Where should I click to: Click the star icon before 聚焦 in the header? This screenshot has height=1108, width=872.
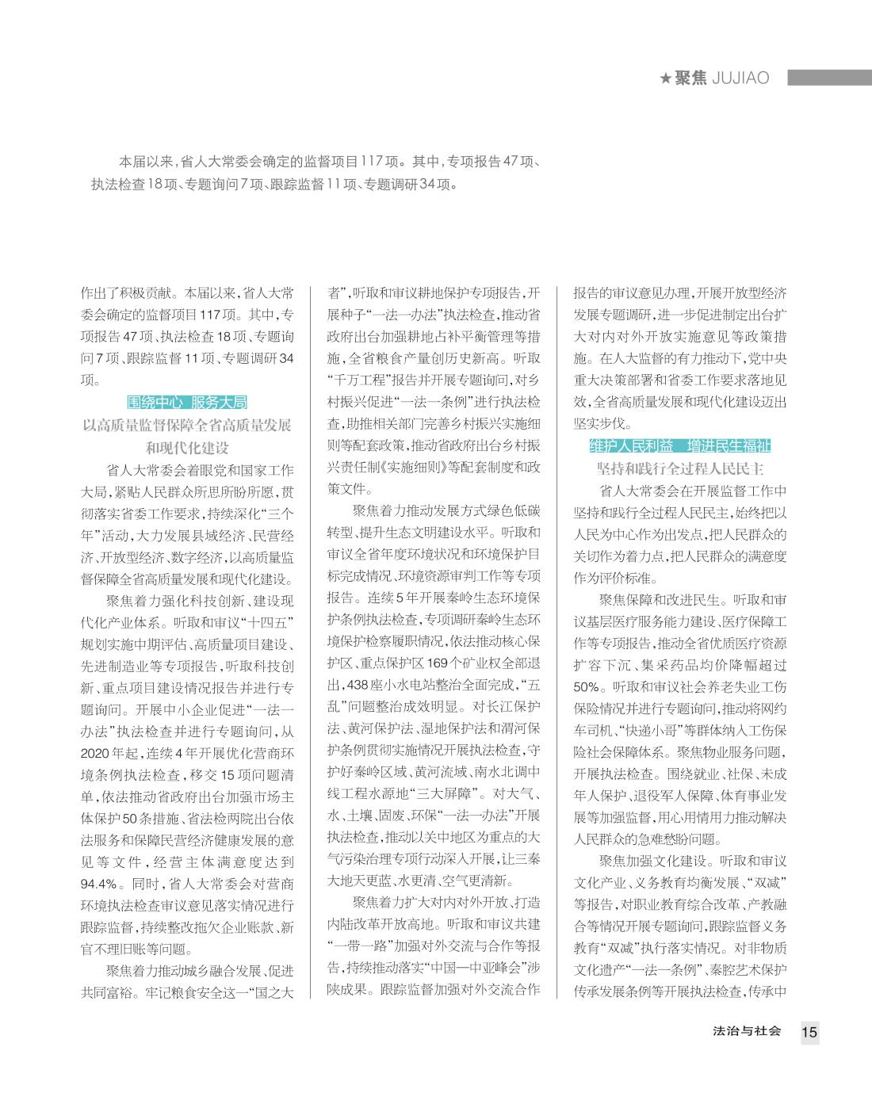pos(666,78)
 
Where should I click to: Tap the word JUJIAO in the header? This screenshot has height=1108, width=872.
pos(740,78)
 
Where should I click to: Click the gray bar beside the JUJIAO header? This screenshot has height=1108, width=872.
pos(829,78)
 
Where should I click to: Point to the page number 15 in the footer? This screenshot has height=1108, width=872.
pos(809,1032)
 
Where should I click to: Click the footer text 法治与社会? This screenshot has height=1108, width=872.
pos(748,1031)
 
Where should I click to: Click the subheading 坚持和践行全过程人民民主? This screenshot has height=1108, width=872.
pos(680,468)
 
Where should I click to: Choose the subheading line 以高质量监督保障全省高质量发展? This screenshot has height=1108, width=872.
pos(187,425)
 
